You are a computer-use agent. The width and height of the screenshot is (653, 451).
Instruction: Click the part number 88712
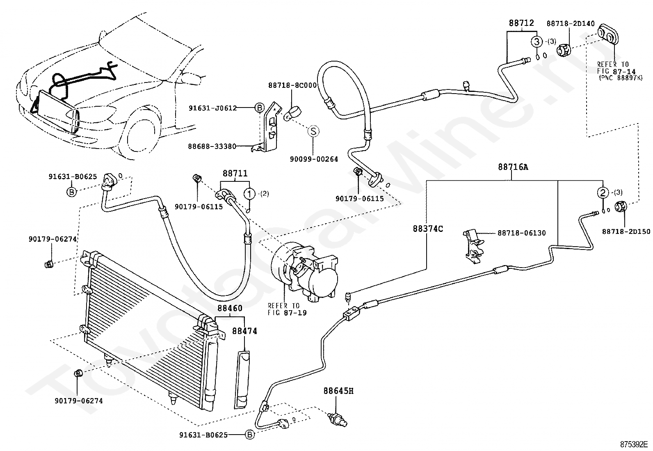coord(521,23)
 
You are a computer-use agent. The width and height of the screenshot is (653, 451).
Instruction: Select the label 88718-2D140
coord(571,24)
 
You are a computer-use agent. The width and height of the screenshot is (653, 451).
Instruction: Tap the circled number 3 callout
coord(537,42)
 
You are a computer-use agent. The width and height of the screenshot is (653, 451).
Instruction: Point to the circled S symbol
coord(313,131)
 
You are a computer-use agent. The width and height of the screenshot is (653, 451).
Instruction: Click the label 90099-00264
coord(314,159)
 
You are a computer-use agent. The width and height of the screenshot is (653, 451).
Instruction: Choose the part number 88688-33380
coord(212,146)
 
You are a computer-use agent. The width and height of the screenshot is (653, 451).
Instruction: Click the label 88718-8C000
coord(292,85)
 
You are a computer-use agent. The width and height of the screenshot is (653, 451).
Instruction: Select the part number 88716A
coord(513,167)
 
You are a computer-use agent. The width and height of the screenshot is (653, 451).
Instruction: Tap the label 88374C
coord(428,229)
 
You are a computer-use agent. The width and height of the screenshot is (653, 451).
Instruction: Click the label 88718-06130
coord(521,233)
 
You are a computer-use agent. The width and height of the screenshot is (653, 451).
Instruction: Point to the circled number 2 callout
coord(603,192)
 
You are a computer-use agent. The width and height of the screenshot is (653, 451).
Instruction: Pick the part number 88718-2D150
coord(626,231)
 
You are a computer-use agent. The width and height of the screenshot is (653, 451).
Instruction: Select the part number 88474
coord(244,331)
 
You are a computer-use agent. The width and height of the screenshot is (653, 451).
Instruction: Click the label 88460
coord(230,308)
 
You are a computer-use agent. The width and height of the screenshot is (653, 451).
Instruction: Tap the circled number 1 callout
coord(249,194)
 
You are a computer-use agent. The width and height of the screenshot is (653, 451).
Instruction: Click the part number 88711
coord(235,173)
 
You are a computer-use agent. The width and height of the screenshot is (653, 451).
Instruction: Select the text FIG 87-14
coord(616,71)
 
